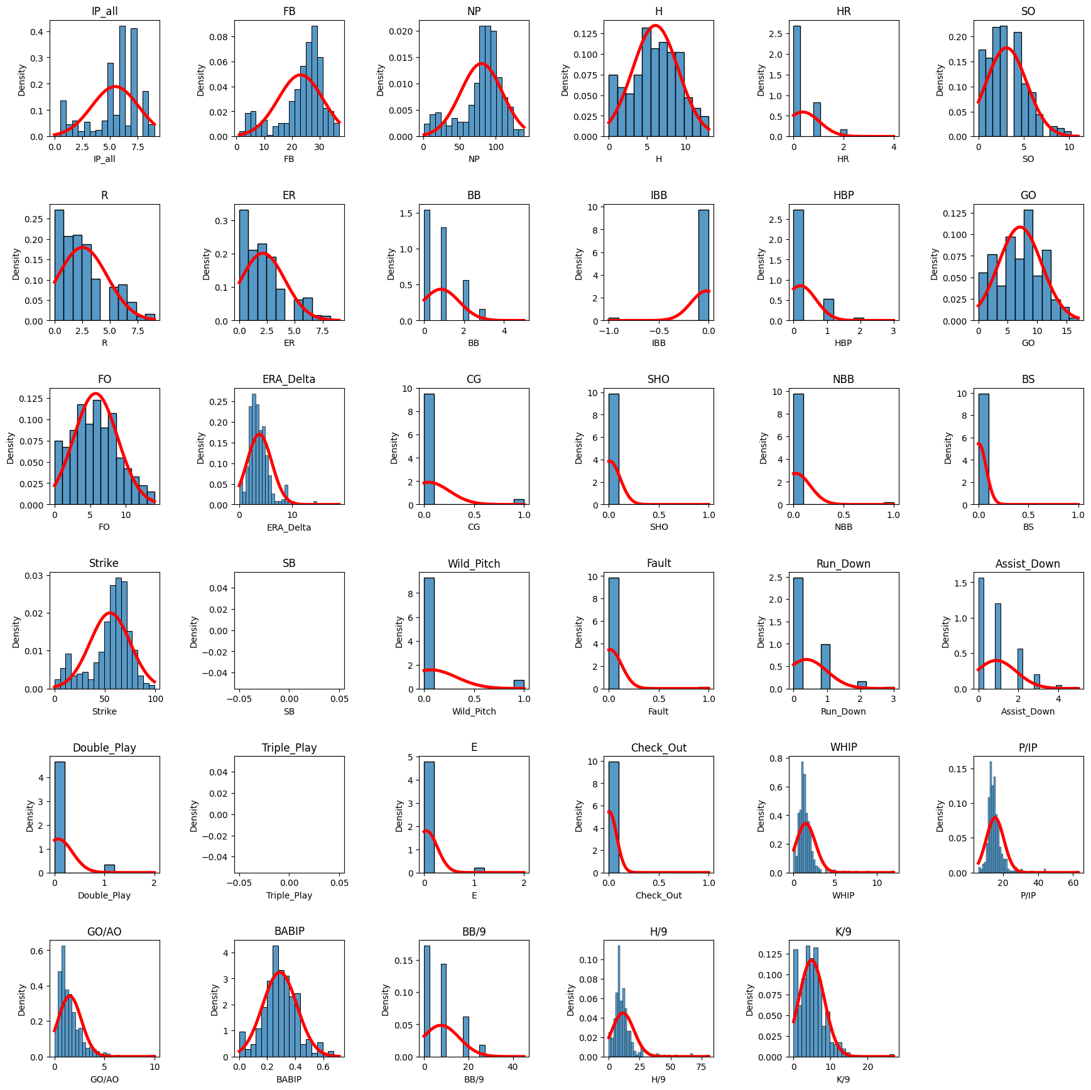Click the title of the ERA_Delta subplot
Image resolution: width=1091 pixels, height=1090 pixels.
click(x=289, y=379)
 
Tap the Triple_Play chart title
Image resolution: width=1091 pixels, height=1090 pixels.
click(x=289, y=747)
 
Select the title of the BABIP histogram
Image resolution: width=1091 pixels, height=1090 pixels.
click(x=289, y=931)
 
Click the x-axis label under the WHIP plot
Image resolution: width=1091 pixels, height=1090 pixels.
click(x=843, y=895)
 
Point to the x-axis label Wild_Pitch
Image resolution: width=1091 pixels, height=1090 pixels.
click(x=474, y=711)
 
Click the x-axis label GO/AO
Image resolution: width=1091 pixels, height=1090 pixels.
click(x=104, y=1079)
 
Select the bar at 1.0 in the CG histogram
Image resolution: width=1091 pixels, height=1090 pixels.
click(x=519, y=502)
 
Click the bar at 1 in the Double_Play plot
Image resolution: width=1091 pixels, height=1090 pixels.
click(x=109, y=868)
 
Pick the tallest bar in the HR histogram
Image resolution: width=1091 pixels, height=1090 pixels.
click(x=796, y=81)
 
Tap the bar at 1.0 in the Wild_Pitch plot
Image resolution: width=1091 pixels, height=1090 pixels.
click(x=519, y=684)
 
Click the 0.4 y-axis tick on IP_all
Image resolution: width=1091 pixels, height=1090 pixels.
click(x=38, y=32)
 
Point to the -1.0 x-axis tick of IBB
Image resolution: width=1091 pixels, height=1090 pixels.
click(x=609, y=331)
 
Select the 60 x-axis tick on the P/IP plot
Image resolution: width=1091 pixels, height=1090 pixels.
click(x=1073, y=883)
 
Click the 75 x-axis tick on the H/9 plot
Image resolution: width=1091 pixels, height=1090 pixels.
click(x=701, y=1067)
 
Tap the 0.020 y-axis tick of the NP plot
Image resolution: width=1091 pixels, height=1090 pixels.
click(x=401, y=31)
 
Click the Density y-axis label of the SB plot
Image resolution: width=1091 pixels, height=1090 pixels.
click(x=194, y=631)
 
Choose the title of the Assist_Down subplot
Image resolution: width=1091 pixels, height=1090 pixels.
click(x=1028, y=564)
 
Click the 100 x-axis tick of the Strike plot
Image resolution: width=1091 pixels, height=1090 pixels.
click(x=155, y=699)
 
